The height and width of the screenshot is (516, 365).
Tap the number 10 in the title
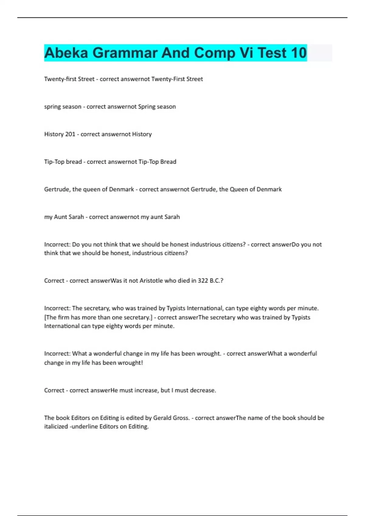(x=298, y=53)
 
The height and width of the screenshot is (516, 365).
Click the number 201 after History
(x=70, y=134)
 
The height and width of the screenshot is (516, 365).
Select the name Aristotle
(x=151, y=281)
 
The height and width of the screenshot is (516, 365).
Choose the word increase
(x=146, y=390)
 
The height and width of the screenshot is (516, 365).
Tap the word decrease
(x=203, y=390)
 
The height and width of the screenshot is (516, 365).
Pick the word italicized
(x=56, y=427)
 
